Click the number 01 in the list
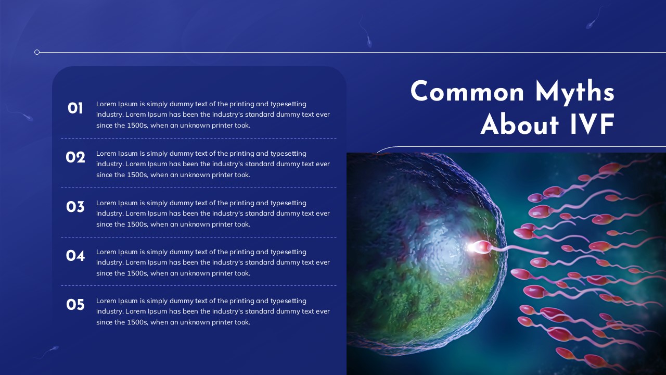coord(75,108)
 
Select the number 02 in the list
coord(75,157)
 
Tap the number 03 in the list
coord(75,207)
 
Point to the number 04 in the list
coord(75,256)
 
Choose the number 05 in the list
coord(75,305)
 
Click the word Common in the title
coord(467,93)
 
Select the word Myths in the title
coord(574,93)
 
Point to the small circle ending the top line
coord(37,52)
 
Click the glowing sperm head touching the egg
coord(481,247)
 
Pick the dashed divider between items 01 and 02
coord(198,138)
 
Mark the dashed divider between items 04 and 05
coord(198,285)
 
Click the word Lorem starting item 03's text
coord(106,203)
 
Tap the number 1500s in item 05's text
coord(137,322)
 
